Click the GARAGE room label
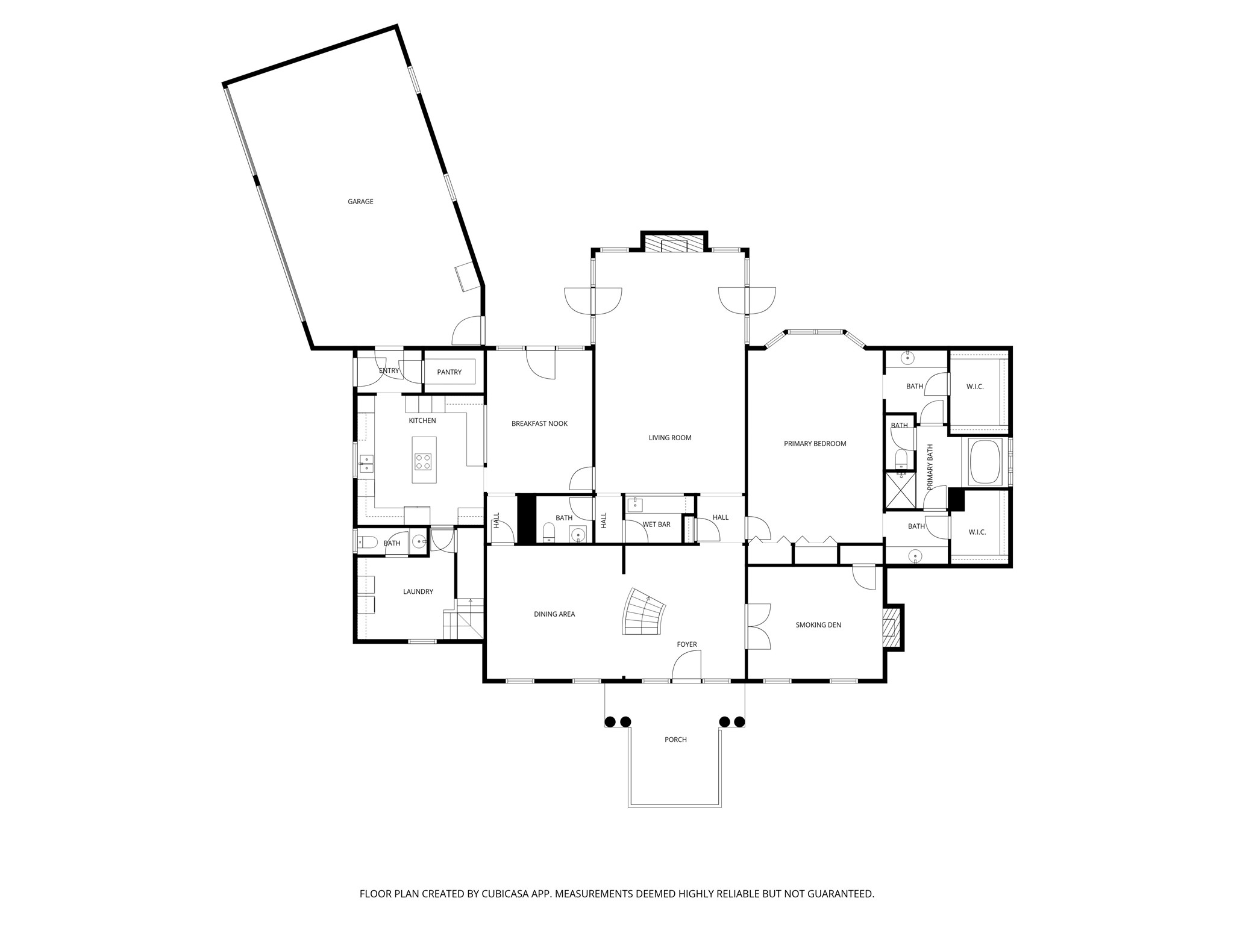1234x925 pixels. [360, 202]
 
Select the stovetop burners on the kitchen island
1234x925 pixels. [424, 462]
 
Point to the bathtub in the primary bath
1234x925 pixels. [985, 462]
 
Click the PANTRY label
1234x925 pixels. [449, 372]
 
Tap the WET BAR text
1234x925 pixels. [656, 525]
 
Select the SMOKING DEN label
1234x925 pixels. [818, 625]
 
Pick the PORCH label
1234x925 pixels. [675, 740]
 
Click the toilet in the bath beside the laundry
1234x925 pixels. [367, 543]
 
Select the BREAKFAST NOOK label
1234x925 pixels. [539, 424]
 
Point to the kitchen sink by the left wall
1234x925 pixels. [367, 464]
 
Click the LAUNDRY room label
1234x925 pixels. [418, 592]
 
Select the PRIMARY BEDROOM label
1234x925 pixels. [815, 444]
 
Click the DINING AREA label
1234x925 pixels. [554, 614]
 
